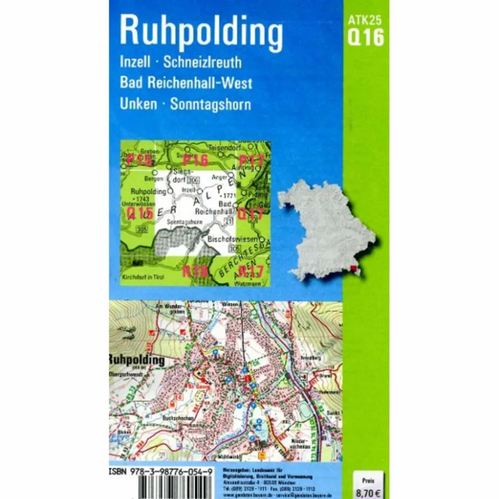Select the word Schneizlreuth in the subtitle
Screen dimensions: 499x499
(202, 62)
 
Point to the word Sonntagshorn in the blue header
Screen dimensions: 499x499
(211, 104)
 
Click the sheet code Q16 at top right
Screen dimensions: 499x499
(365, 37)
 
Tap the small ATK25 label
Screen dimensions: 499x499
(365, 20)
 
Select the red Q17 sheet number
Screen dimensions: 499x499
(251, 213)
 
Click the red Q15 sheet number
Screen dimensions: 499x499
(140, 213)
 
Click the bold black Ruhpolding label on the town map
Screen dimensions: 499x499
(137, 360)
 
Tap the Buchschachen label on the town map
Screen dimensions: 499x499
(179, 418)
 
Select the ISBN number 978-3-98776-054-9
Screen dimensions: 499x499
(159, 472)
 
